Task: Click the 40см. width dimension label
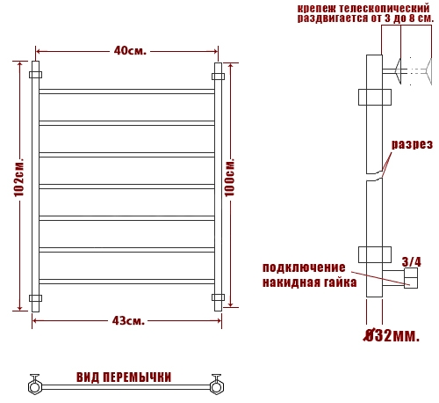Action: (x=130, y=51)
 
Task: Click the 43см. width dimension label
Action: (x=128, y=320)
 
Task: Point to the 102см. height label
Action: (x=19, y=178)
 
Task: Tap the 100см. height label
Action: (x=230, y=178)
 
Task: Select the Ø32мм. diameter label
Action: (x=392, y=335)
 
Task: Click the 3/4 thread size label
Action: (x=411, y=261)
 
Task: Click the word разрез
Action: (x=412, y=144)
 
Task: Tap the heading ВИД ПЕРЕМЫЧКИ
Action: (x=124, y=377)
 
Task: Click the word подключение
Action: (x=304, y=267)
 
